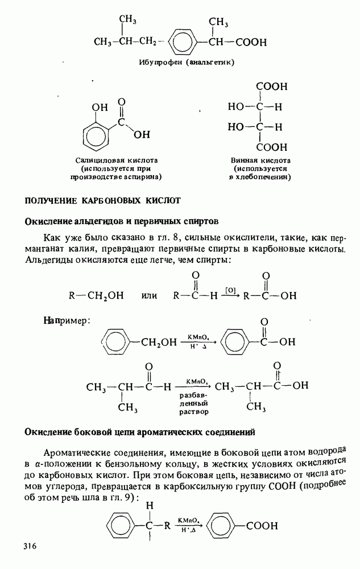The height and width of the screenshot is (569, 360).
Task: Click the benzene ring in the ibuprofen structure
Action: (x=181, y=43)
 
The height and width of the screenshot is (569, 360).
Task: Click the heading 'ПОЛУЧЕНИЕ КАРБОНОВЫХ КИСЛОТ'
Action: (x=102, y=200)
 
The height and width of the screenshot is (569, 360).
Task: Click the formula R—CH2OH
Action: (x=96, y=296)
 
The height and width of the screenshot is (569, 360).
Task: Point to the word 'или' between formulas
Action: (x=149, y=296)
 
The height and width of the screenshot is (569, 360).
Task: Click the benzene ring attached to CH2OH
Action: (x=118, y=342)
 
